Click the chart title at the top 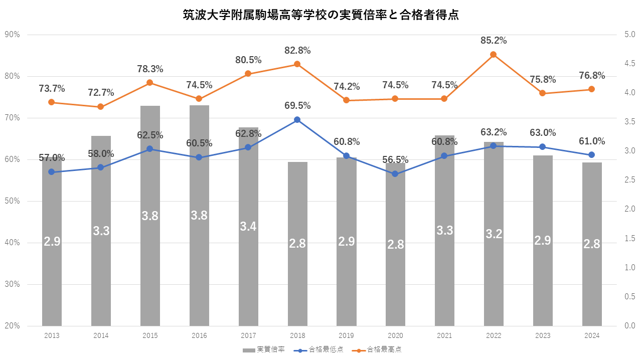point(321,16)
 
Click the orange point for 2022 point(493,55)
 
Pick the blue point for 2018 point(297,120)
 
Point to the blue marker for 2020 point(395,174)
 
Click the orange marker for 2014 point(100,107)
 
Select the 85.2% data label point(493,41)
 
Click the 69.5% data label point(297,106)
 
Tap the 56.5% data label point(395,160)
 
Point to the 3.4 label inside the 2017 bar point(248,227)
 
